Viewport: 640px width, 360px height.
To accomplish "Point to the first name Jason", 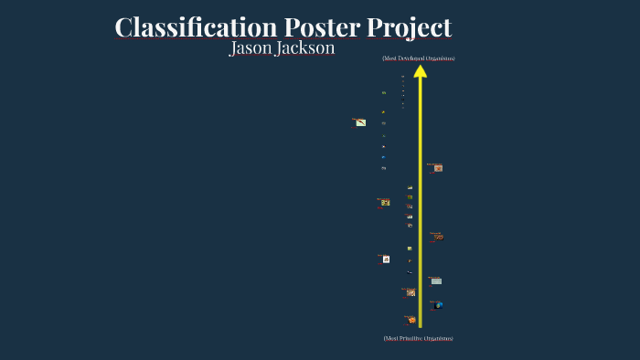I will pyautogui.click(x=252, y=48).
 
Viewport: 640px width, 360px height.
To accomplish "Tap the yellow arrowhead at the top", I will pyautogui.click(x=421, y=70).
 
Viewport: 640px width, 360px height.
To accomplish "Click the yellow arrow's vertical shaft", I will pyautogui.click(x=421, y=201).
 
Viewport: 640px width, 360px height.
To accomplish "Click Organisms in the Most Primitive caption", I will pyautogui.click(x=440, y=338).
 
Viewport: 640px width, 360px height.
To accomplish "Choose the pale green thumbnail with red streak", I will pyautogui.click(x=360, y=122).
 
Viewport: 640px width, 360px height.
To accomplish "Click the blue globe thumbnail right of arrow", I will pyautogui.click(x=439, y=305).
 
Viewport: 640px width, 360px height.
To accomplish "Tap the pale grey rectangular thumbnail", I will pyautogui.click(x=436, y=281).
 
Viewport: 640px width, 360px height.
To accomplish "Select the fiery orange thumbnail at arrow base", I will pyautogui.click(x=412, y=320).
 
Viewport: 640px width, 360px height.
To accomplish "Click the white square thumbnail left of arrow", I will pyautogui.click(x=386, y=259).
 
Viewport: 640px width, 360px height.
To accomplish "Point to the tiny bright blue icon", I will pyautogui.click(x=383, y=157).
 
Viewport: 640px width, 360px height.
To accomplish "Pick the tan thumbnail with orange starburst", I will pyautogui.click(x=411, y=292).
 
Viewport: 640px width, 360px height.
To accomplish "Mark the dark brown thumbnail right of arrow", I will pyautogui.click(x=438, y=238).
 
